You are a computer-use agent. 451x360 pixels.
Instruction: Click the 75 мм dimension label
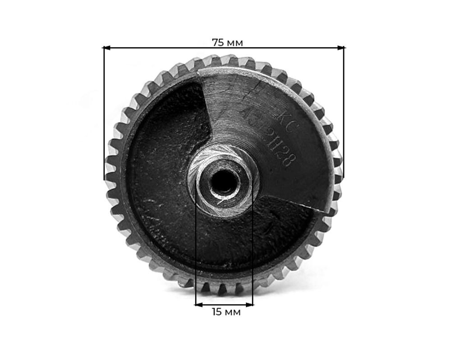[x=227, y=43]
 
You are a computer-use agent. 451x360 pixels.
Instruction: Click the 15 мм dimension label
[x=226, y=312]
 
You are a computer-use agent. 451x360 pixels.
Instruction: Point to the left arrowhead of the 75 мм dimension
[x=106, y=47]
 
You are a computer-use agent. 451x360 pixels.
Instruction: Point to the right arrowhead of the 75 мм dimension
[x=341, y=47]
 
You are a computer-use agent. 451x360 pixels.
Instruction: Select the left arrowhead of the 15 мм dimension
[x=198, y=305]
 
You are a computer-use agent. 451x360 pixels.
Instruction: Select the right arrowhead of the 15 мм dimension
[x=250, y=305]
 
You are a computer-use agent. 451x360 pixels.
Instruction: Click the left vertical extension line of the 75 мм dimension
[x=104, y=113]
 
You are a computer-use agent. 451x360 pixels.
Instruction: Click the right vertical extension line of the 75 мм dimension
[x=344, y=113]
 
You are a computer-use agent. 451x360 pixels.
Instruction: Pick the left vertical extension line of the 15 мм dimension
[x=196, y=252]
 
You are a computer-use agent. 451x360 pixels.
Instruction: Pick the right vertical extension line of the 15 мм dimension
[x=253, y=252]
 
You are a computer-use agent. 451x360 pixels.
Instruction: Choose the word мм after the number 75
[x=235, y=43]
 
